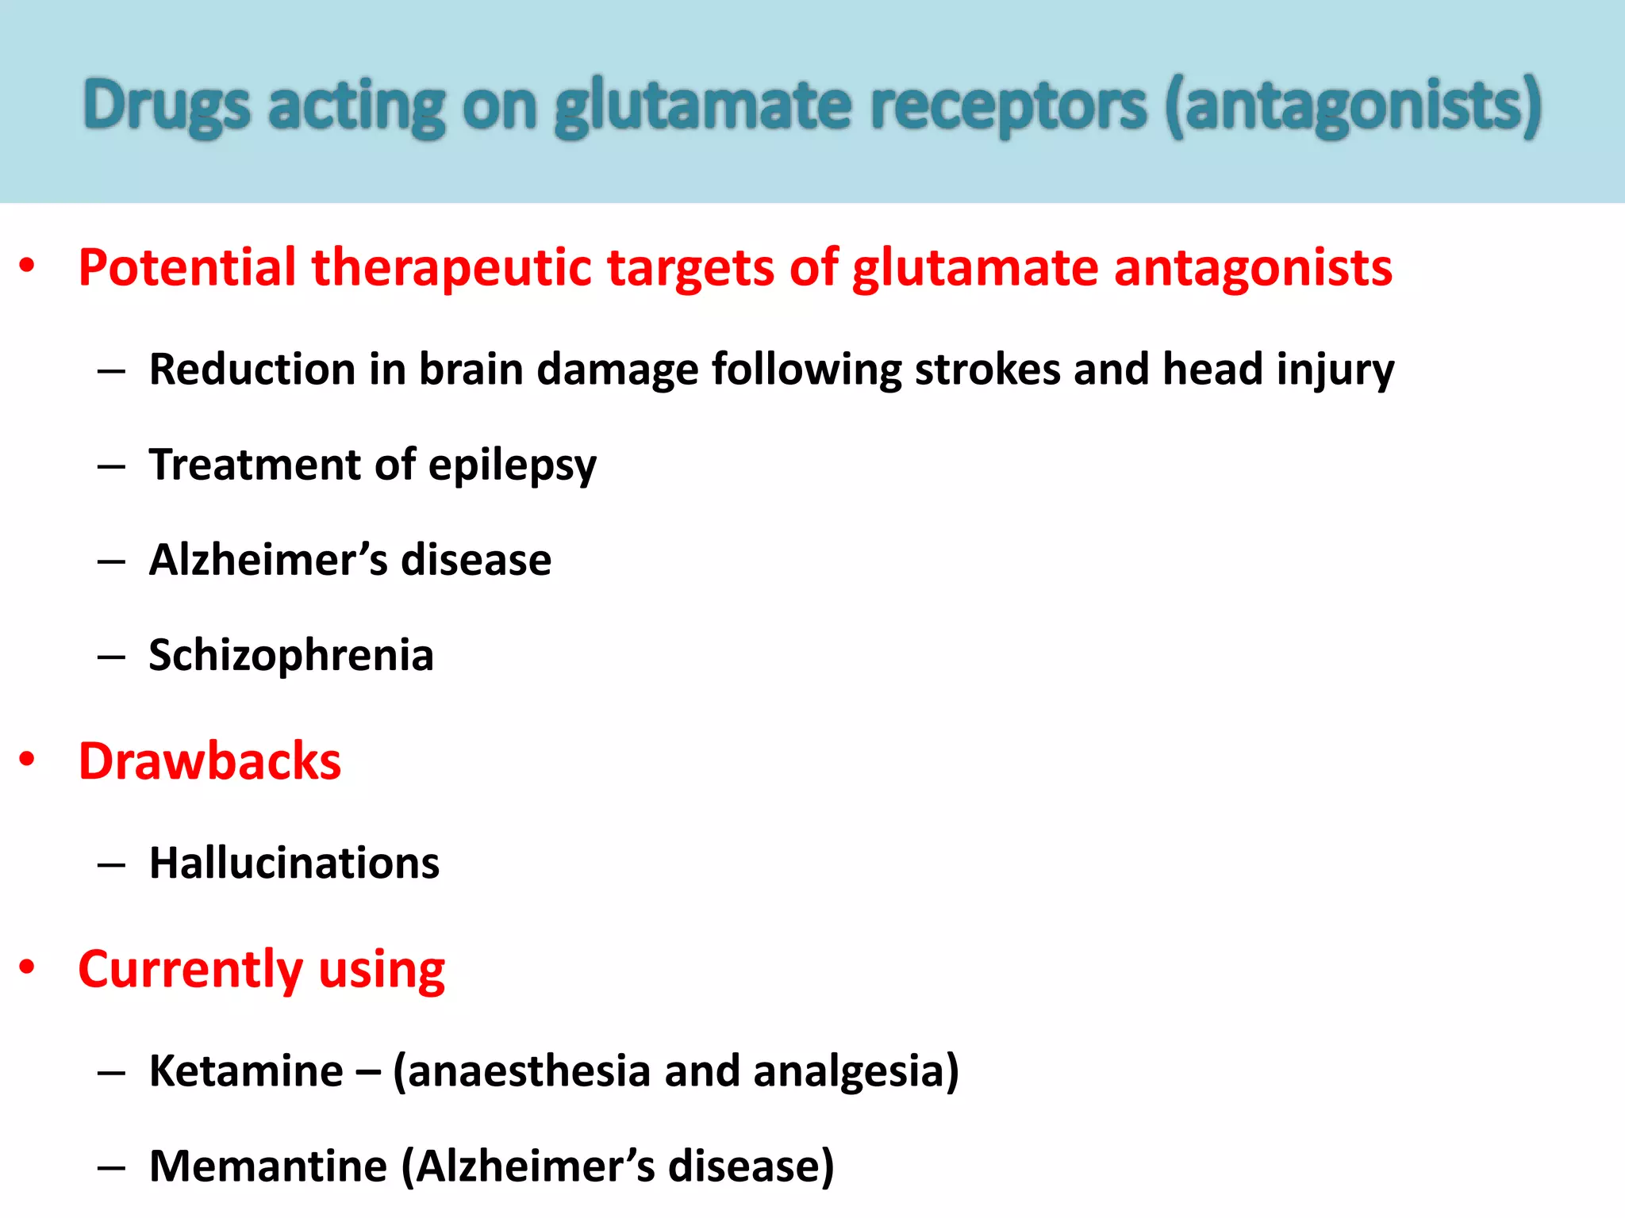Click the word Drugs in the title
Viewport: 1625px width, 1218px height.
click(x=167, y=106)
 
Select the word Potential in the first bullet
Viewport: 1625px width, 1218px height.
click(x=187, y=267)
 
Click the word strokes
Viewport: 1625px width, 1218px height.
click(x=987, y=370)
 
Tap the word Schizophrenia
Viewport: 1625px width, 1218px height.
click(x=291, y=656)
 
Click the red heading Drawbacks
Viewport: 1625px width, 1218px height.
click(x=209, y=761)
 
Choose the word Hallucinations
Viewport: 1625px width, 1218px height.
click(x=294, y=863)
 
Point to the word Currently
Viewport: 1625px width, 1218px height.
click(x=190, y=970)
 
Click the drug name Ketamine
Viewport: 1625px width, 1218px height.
click(x=247, y=1071)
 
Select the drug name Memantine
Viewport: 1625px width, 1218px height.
click(x=268, y=1166)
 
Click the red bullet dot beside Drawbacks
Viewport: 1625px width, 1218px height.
click(x=27, y=759)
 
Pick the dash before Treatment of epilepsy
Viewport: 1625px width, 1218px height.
click(x=111, y=467)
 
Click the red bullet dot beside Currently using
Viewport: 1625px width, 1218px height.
click(x=27, y=967)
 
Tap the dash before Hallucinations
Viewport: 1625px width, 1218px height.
click(x=111, y=865)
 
